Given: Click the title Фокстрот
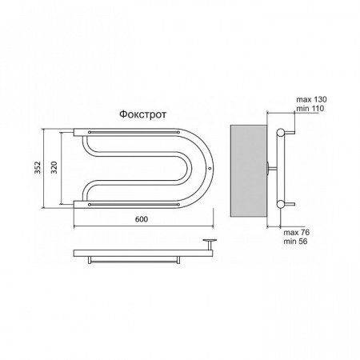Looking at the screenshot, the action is point(142,114).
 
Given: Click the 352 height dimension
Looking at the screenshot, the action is point(38,167).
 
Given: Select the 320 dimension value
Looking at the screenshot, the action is point(54,167).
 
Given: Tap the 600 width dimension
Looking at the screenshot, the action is point(142,219).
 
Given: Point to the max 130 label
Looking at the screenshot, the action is point(311,100).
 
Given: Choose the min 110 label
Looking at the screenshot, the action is point(310,109).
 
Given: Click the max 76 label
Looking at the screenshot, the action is point(297,232).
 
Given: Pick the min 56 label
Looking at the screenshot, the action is point(295,242).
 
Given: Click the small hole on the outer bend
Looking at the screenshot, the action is point(210,168).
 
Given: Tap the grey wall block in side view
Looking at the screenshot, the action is point(249,170).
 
